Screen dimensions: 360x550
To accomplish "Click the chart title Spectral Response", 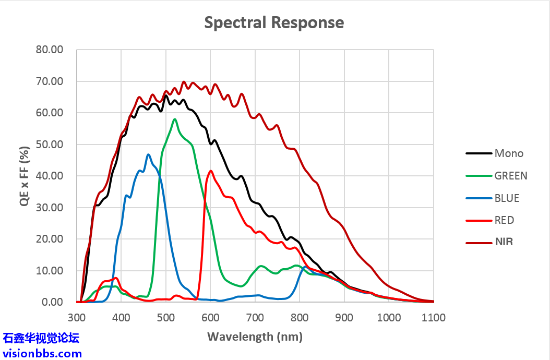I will coord(274,23).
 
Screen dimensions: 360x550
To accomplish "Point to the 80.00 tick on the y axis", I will coord(49,50).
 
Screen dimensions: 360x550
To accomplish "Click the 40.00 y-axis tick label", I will coord(49,176).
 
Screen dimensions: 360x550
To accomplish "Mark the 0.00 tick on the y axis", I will coord(52,302).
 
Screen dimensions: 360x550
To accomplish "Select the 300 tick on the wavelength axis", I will coord(77,318).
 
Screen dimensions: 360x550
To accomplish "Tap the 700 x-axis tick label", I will coord(255,318).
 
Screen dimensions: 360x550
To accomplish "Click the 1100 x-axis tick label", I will coord(434,318).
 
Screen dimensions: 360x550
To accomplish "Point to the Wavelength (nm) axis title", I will coord(255,337).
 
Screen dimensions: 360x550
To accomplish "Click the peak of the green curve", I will coord(175,119).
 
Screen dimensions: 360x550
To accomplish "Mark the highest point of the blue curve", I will coord(148,154).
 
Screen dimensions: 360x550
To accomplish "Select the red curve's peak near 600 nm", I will coord(211,171).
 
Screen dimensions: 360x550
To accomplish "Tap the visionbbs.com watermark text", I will coord(42,353).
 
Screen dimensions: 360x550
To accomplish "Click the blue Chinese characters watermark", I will coord(41,338).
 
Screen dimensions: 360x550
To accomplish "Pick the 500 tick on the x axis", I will coord(166,318).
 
